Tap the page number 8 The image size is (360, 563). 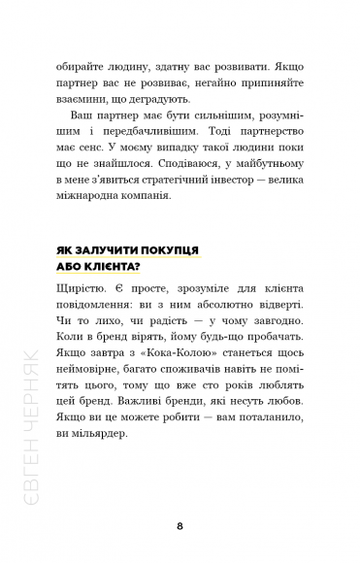coord(180,527)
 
